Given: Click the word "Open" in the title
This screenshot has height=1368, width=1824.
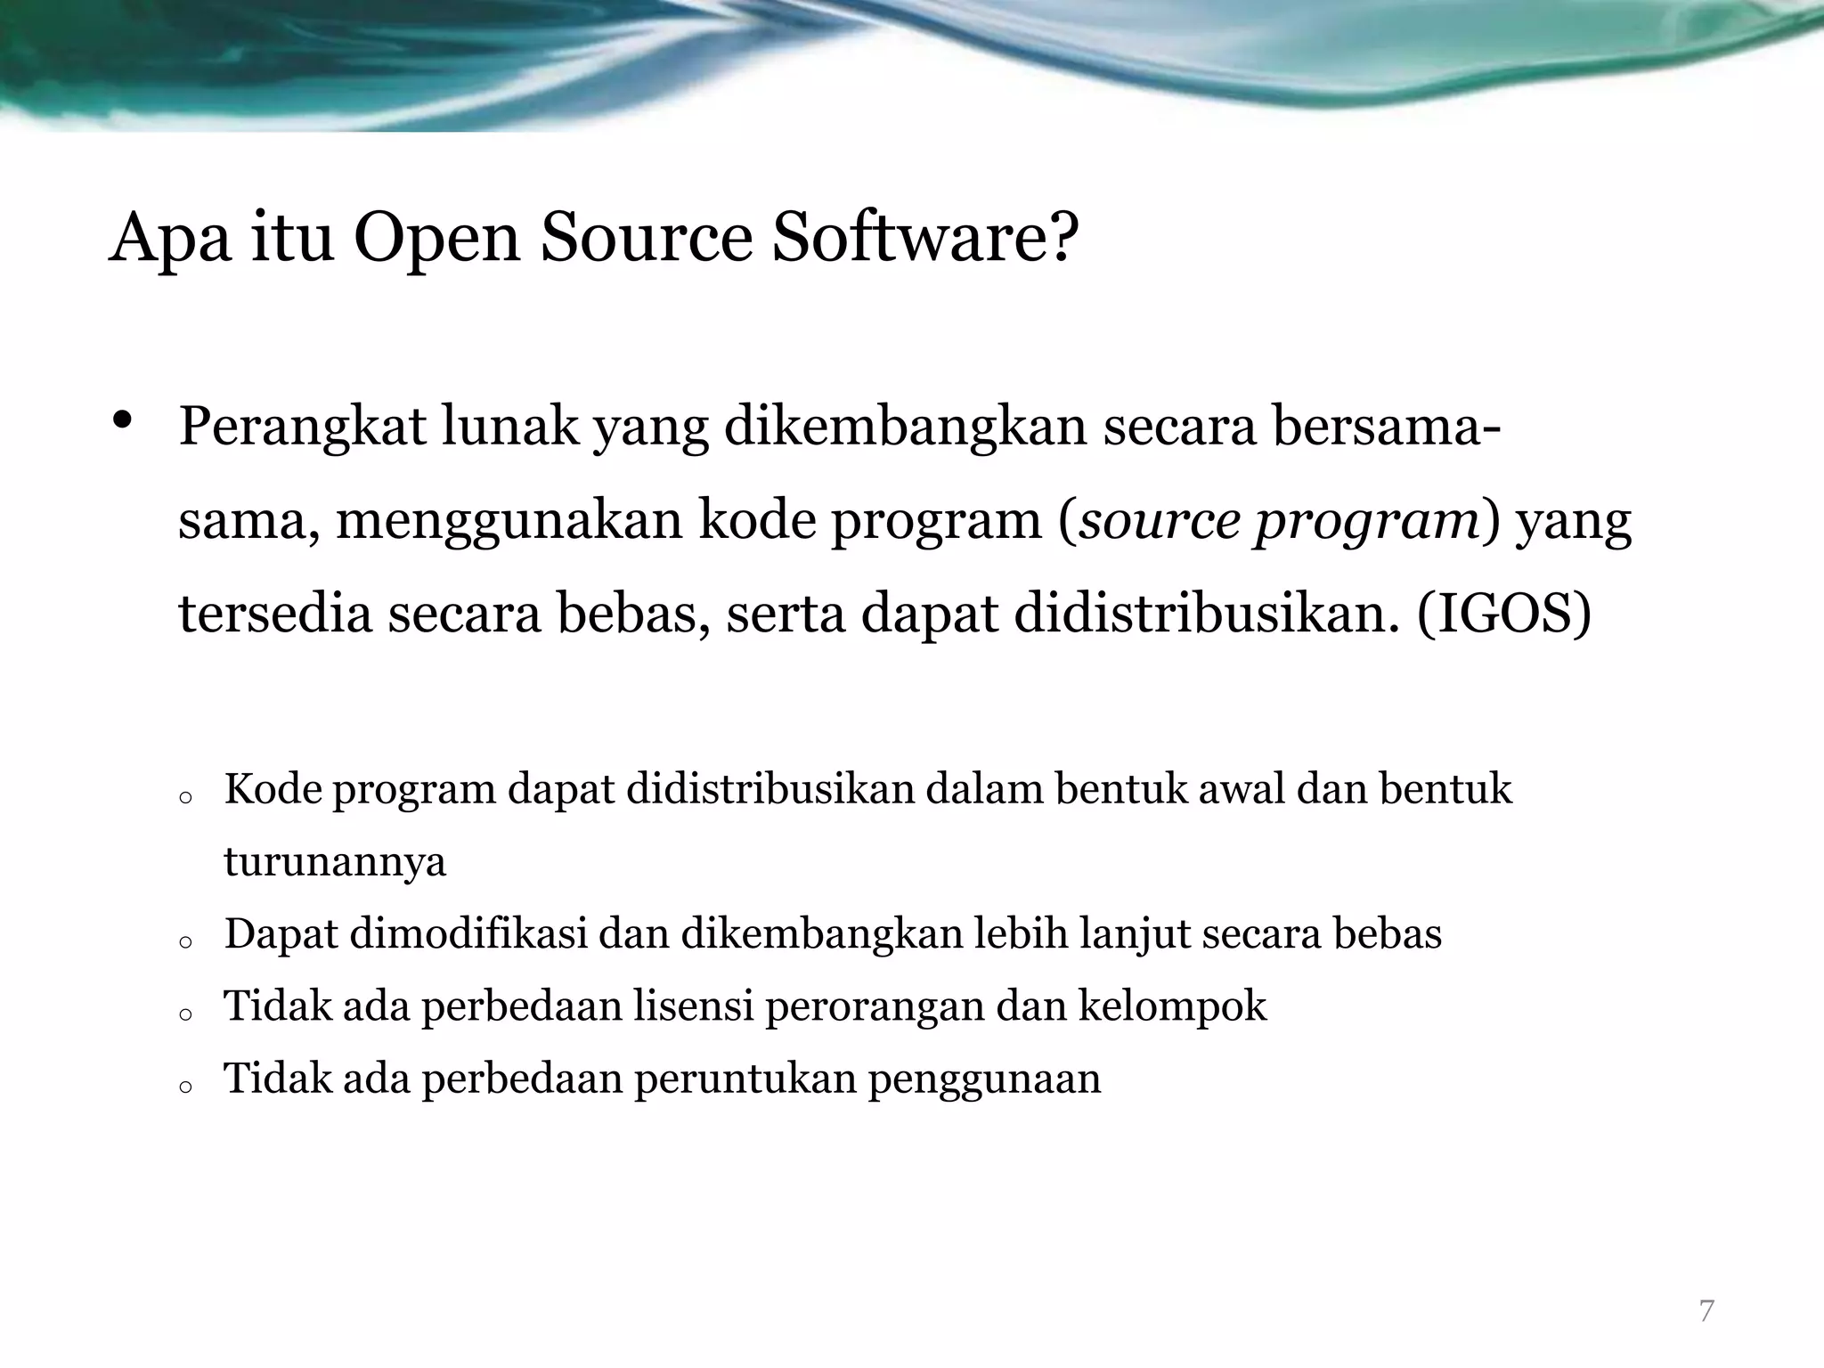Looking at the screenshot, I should [436, 239].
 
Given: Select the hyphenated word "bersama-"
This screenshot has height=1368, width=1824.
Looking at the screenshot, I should [1386, 426].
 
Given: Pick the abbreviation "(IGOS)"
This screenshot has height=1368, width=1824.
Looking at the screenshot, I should [1502, 615].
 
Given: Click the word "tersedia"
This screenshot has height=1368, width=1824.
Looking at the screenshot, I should [274, 615].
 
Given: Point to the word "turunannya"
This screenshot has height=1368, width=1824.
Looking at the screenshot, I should [335, 862].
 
